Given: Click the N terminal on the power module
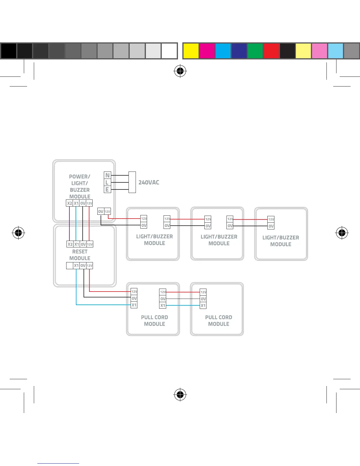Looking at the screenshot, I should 107,175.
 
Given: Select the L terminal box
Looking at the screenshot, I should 107,183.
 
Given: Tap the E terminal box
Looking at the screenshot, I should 107,190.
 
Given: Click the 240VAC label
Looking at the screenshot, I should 149,182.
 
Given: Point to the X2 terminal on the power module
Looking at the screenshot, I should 69,203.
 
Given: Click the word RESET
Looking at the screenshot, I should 80,252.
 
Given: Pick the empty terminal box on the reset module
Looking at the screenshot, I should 69,266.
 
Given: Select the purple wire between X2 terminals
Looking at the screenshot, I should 69,224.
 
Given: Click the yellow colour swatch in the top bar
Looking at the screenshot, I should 191,51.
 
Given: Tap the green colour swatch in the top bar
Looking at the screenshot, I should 255,51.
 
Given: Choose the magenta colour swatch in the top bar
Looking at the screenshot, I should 207,51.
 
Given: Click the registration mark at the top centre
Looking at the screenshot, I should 180,71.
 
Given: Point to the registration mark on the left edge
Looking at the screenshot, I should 18,233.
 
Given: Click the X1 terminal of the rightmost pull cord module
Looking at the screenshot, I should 203,306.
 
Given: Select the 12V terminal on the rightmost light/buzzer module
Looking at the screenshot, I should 271,219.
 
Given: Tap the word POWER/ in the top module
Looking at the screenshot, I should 79,177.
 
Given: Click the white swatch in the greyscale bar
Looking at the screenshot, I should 169,51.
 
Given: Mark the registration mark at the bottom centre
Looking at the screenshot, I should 180,394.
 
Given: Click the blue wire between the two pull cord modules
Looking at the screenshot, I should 183,306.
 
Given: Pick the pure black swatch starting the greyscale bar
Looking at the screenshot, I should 9,51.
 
